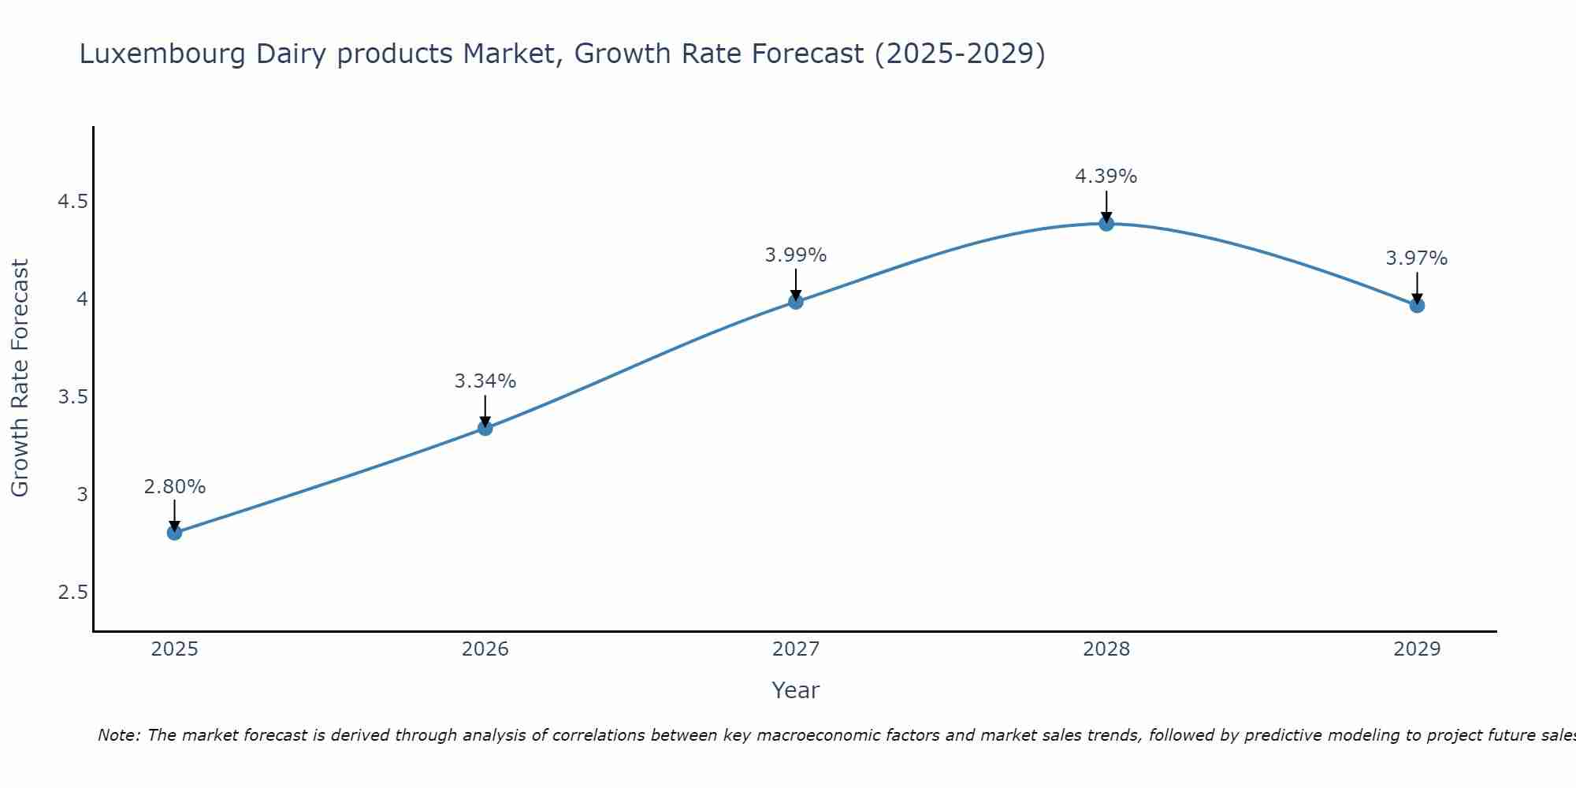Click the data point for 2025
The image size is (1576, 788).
coord(175,533)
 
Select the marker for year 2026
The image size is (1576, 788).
coord(485,428)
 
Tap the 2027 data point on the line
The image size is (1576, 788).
coord(796,301)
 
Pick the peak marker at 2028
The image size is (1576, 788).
coord(1106,224)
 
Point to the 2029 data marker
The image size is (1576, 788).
coord(1417,305)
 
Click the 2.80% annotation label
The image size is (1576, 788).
coord(175,487)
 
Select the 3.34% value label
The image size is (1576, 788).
coord(485,381)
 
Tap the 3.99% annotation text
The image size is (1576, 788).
coord(796,255)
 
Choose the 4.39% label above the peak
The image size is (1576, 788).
coord(1106,177)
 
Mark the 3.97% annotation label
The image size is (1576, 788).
coord(1417,258)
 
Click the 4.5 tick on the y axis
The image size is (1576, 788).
coord(72,202)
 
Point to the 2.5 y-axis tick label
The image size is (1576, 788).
coord(72,593)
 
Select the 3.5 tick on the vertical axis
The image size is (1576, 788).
coord(72,397)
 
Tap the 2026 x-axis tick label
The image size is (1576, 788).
coord(485,649)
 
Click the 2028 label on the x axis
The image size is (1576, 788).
coord(1106,649)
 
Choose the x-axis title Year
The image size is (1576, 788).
coord(796,690)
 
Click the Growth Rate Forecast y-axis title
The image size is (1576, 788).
coord(20,378)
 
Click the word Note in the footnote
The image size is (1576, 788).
coord(118,735)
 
